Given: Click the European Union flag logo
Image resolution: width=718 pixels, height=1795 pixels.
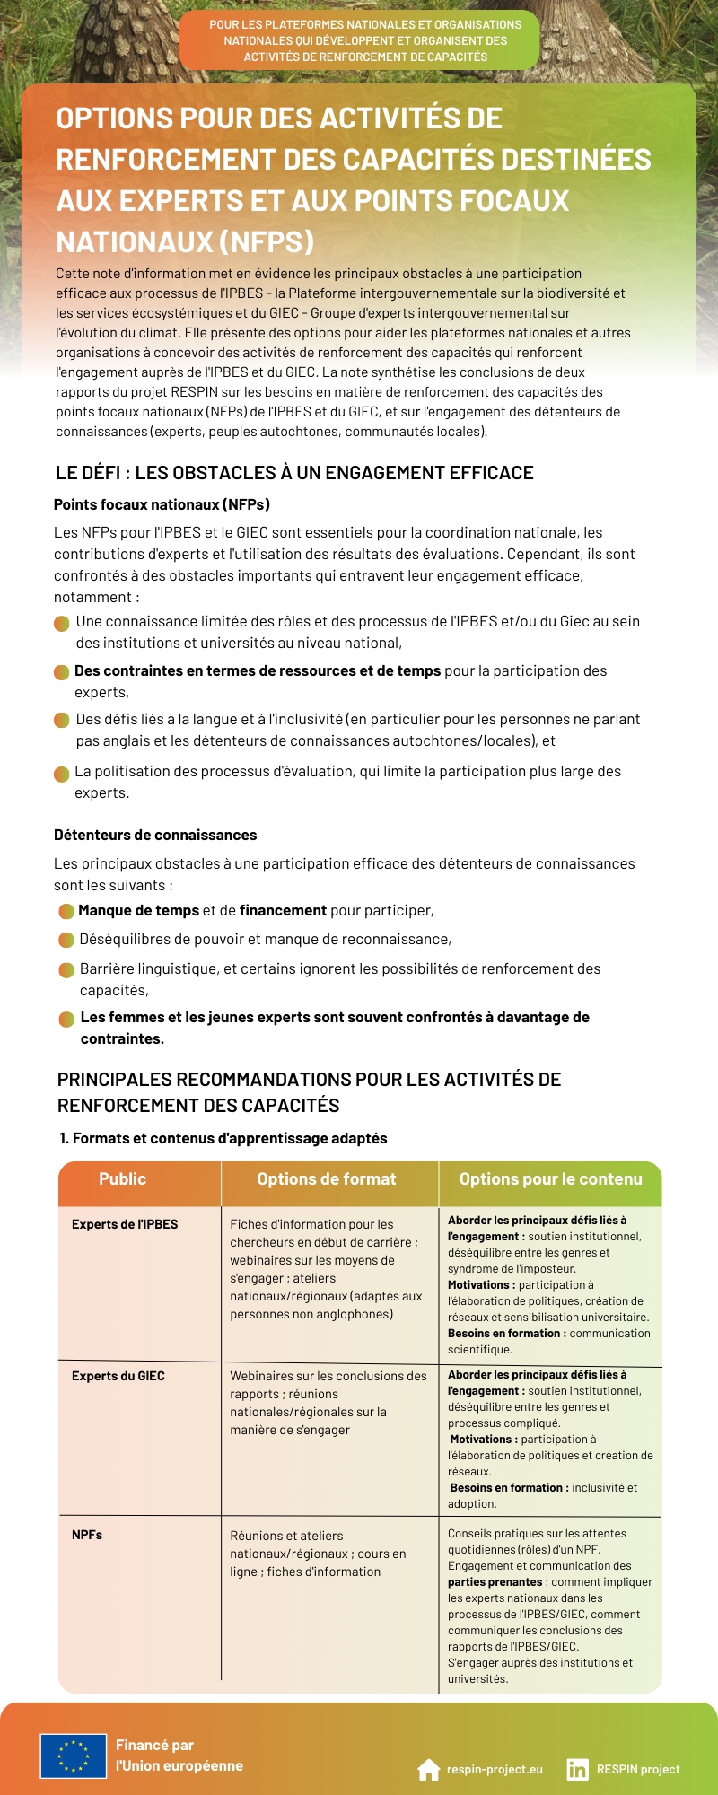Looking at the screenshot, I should tap(73, 1756).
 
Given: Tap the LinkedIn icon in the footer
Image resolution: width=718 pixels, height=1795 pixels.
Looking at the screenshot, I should tap(577, 1769).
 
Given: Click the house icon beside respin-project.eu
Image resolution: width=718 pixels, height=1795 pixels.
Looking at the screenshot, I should tap(429, 1769).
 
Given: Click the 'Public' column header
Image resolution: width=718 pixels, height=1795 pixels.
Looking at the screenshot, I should tap(122, 1179).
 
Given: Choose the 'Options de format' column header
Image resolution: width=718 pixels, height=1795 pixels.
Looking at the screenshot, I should tap(327, 1179).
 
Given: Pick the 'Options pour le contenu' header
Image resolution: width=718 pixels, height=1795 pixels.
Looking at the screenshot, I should tap(550, 1179).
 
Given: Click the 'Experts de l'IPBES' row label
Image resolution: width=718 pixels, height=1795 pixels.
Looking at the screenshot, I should tap(125, 1224).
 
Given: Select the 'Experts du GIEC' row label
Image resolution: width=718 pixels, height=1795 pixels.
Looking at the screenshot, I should tap(118, 1376).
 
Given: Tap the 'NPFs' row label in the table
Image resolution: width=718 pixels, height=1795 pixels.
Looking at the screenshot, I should tap(87, 1535).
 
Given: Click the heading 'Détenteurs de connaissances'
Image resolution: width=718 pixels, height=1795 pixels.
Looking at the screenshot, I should tap(155, 835).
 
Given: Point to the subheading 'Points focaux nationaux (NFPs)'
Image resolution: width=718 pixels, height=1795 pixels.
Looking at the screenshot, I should tap(162, 504).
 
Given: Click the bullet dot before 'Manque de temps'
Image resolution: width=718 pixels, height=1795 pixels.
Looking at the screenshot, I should tap(66, 911).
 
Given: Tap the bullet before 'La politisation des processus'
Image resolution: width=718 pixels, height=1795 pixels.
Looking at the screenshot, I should tap(61, 774).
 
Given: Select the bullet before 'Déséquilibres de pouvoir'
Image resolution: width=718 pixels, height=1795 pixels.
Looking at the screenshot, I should tap(66, 940).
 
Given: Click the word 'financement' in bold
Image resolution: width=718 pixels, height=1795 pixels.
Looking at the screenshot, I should tap(283, 910).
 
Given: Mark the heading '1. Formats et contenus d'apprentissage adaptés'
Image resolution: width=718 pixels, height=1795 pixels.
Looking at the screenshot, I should tap(223, 1138).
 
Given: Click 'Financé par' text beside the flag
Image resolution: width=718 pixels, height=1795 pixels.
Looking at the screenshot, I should tap(154, 1745).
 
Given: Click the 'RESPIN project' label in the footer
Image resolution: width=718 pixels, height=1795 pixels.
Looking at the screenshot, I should tap(638, 1770).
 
